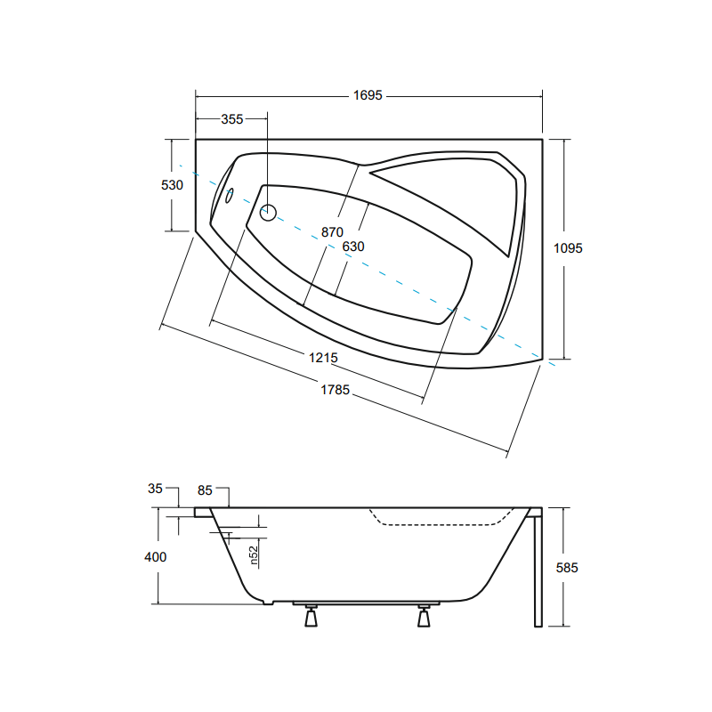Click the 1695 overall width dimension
(368, 95)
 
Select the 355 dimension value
(232, 119)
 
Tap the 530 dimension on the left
(172, 185)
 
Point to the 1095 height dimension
(568, 248)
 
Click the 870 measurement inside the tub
(332, 232)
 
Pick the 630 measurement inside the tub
(353, 247)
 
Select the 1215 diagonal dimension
(323, 358)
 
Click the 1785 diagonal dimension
(336, 390)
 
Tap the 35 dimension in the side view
(155, 489)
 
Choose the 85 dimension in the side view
(205, 490)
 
